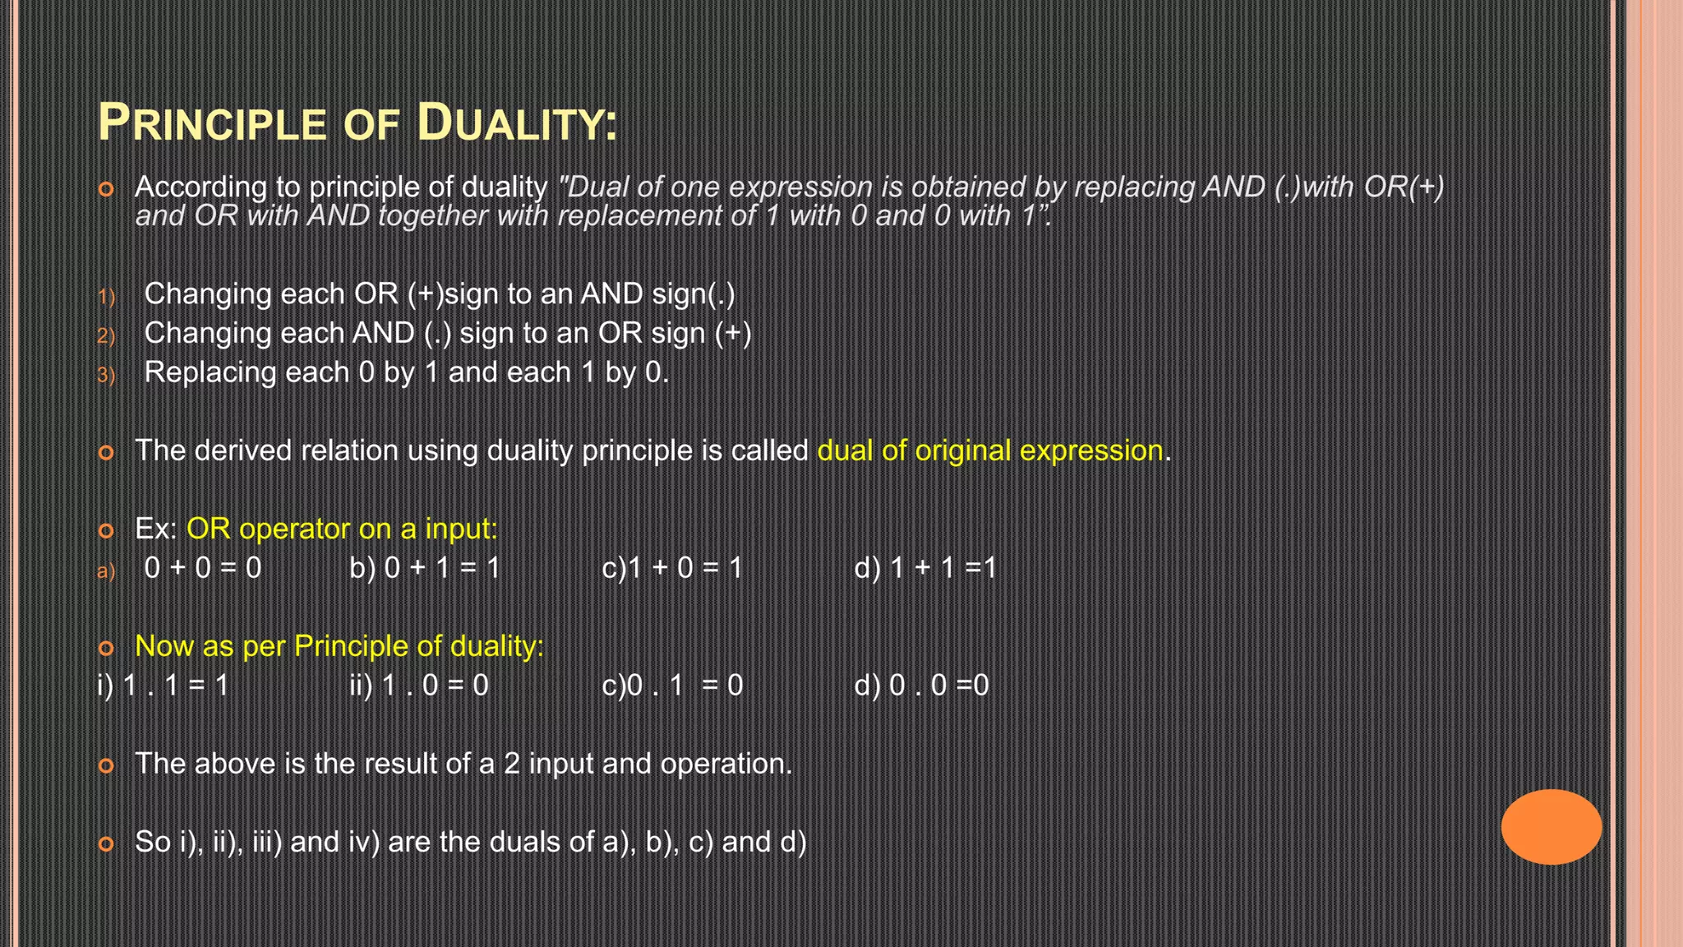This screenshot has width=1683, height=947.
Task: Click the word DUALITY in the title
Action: [516, 122]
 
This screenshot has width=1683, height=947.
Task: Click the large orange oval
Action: [1551, 826]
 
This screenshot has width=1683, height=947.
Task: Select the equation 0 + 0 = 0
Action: [203, 568]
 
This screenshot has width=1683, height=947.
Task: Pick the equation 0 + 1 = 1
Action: [442, 568]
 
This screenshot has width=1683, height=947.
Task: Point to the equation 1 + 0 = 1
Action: [685, 568]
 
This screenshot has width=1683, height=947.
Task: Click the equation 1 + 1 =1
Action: [943, 568]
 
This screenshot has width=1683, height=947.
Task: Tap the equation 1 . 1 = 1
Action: [175, 686]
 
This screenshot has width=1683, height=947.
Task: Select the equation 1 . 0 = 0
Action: [436, 686]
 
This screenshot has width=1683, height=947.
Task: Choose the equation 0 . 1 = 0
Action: [685, 686]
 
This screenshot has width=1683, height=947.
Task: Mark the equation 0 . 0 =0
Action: [939, 686]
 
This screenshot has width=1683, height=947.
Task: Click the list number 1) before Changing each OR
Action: [106, 297]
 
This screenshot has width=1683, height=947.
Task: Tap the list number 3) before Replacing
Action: [106, 376]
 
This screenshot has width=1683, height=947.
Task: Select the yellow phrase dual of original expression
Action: [990, 450]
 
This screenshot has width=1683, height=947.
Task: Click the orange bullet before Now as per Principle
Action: [106, 648]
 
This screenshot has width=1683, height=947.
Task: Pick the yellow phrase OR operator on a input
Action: [342, 529]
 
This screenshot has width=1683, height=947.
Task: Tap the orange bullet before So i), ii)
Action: [106, 843]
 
